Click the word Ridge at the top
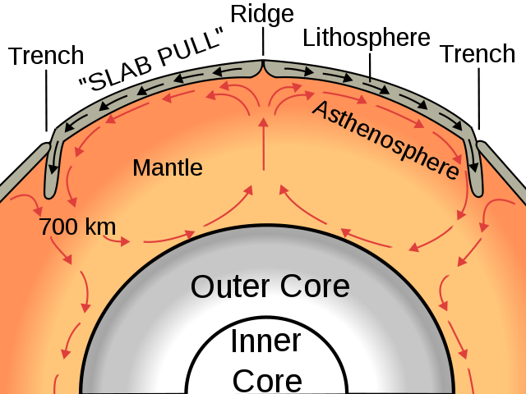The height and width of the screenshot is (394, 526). (x=262, y=14)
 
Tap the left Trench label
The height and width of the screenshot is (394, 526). (x=46, y=56)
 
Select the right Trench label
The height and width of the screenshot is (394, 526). (x=478, y=53)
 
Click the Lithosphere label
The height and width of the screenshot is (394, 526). (x=367, y=38)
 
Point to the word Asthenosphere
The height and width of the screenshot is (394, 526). (x=385, y=140)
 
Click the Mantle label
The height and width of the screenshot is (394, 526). (x=168, y=167)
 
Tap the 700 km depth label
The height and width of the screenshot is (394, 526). (x=77, y=227)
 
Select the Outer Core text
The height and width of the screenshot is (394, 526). (x=270, y=286)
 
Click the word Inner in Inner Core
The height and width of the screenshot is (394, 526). (x=266, y=341)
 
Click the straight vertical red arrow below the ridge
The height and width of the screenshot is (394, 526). (x=264, y=144)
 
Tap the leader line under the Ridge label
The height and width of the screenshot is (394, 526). (x=263, y=42)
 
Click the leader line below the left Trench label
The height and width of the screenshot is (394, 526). (x=46, y=100)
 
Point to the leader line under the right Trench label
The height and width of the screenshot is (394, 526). (x=478, y=98)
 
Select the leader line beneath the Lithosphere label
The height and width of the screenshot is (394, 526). (x=370, y=67)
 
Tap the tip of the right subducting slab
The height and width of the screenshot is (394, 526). (x=477, y=195)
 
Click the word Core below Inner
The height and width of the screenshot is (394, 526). (x=267, y=381)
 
